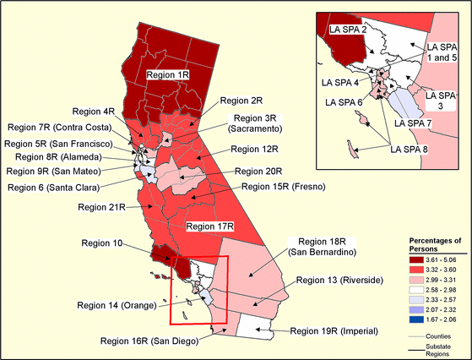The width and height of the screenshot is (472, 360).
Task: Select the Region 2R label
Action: tap(239, 100)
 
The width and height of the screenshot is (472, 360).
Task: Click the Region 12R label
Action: tap(258, 149)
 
